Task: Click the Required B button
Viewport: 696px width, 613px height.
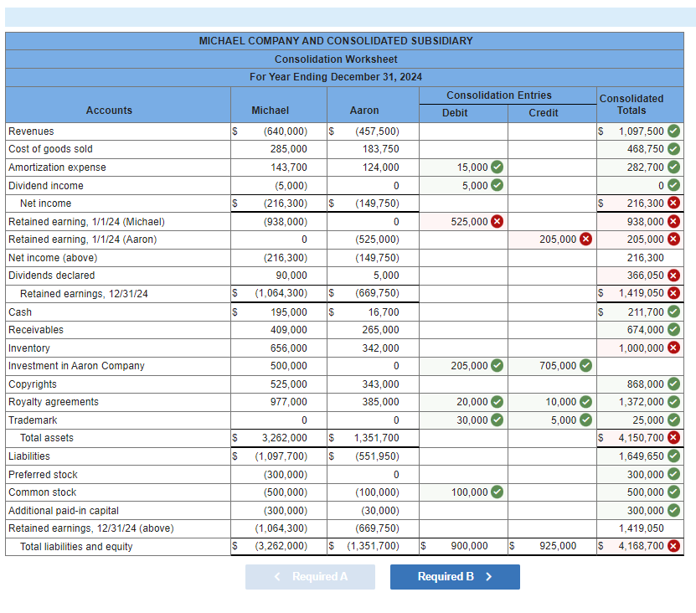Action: click(x=455, y=576)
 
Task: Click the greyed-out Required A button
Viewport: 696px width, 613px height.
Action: click(x=310, y=576)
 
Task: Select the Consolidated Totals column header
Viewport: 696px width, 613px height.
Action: click(x=632, y=104)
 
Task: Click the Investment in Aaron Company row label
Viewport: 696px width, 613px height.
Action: click(x=76, y=366)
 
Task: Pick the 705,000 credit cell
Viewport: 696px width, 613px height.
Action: click(x=558, y=366)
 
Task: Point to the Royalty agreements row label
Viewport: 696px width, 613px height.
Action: click(x=54, y=402)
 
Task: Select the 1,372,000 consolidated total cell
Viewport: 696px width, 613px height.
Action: click(x=642, y=402)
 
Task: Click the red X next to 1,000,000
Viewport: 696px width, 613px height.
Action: click(x=673, y=348)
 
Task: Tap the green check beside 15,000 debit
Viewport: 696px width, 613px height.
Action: click(x=497, y=167)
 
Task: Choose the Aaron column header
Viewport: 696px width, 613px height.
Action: click(x=364, y=111)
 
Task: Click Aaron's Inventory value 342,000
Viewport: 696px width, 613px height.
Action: click(x=380, y=348)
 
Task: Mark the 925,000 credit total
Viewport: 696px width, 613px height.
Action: click(x=558, y=546)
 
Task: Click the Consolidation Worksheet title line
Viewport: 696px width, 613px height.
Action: click(x=336, y=59)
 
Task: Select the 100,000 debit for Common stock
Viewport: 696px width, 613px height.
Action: click(x=470, y=492)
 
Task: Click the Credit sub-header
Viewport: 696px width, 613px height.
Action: click(x=544, y=113)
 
